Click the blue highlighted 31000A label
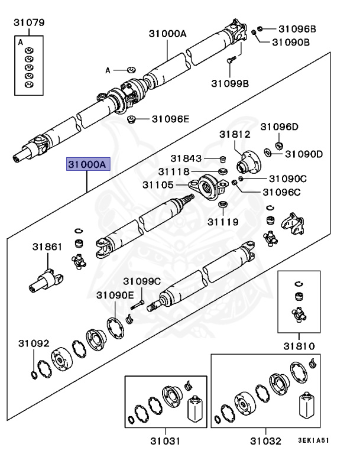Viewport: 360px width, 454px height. (x=87, y=164)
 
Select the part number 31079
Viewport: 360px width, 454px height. (x=29, y=23)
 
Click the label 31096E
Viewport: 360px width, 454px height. (x=170, y=119)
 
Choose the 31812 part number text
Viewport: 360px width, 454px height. (x=235, y=135)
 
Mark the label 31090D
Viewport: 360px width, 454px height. (x=304, y=154)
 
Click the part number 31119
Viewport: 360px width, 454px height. (x=223, y=222)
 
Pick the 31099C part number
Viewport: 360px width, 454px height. (x=141, y=281)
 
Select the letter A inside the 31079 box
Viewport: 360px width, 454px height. (x=21, y=43)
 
